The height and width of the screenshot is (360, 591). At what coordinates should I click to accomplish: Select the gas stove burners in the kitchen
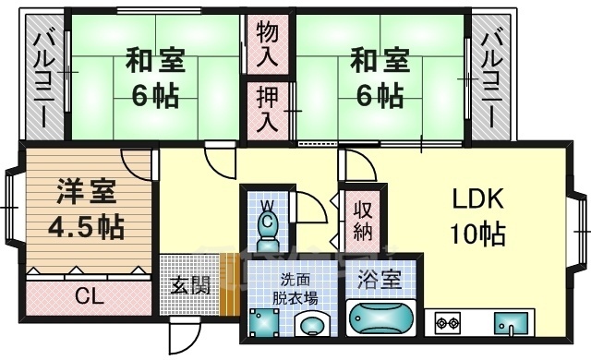coord(448,322)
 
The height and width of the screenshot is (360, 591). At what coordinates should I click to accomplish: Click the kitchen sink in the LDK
coord(511,323)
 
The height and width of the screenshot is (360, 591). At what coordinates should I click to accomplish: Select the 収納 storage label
coord(360,219)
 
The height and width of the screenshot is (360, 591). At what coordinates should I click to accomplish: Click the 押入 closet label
coord(265,110)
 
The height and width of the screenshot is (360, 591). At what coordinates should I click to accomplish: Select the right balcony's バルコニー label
coord(493,78)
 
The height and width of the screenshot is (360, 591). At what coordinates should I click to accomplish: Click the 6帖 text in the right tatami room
coord(376,94)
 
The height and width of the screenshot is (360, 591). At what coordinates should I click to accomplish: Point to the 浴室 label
coord(379,278)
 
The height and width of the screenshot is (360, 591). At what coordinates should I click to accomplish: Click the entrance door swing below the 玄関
coord(183,331)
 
